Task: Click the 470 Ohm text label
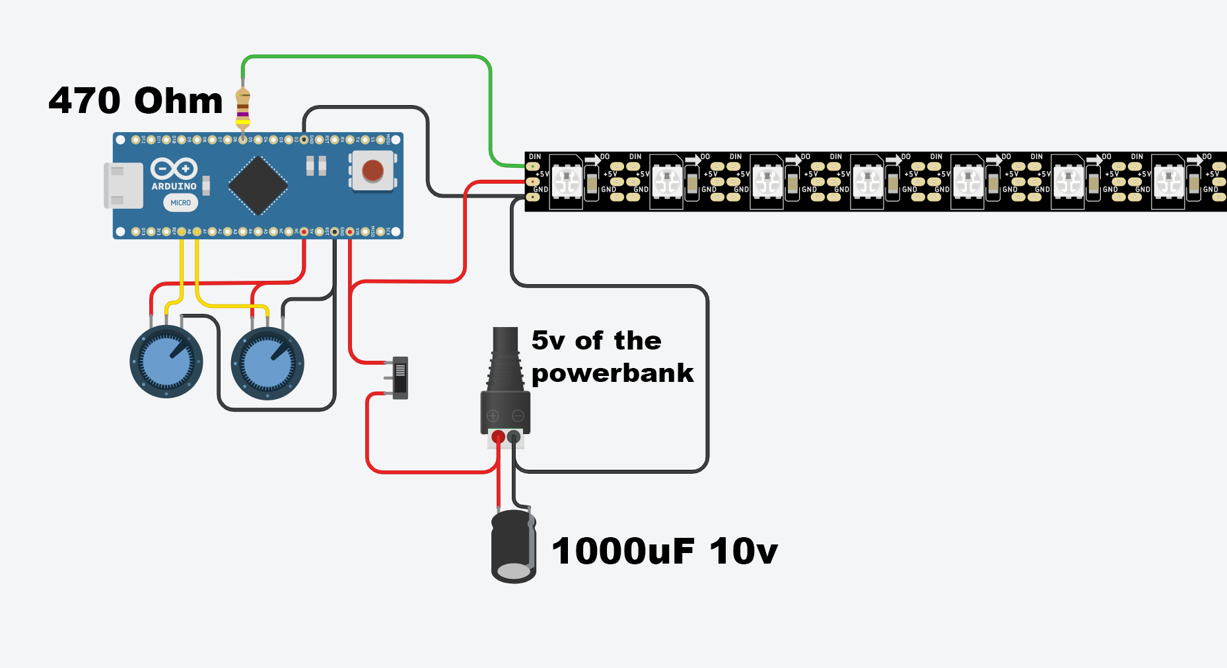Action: pyautogui.click(x=135, y=101)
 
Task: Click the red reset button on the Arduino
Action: pyautogui.click(x=372, y=170)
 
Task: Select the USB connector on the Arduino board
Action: pyautogui.click(x=123, y=186)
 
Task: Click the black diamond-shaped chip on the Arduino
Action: pyautogui.click(x=258, y=186)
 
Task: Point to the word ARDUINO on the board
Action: pyautogui.click(x=174, y=187)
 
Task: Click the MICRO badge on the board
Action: pyautogui.click(x=180, y=203)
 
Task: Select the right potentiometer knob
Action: pyautogui.click(x=267, y=363)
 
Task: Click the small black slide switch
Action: pyautogui.click(x=400, y=378)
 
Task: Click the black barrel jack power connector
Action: pyautogui.click(x=505, y=383)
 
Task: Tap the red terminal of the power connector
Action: pyautogui.click(x=498, y=437)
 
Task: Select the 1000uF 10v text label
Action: pyautogui.click(x=664, y=552)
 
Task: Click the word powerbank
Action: pyautogui.click(x=612, y=374)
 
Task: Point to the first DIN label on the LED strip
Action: pyautogui.click(x=535, y=157)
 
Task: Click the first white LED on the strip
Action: pyautogui.click(x=567, y=181)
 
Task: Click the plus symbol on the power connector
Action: pyautogui.click(x=493, y=416)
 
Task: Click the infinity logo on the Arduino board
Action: pyautogui.click(x=174, y=168)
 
